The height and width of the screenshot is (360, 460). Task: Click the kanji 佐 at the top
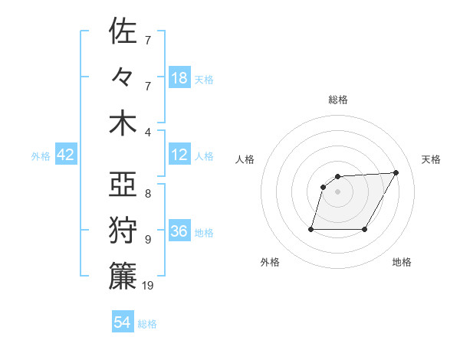coord(123,32)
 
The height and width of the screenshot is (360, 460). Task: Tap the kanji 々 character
coord(123,78)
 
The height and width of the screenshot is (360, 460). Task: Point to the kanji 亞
coord(123,186)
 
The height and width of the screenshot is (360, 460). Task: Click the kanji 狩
coord(123,231)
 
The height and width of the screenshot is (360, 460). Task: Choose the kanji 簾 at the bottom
coord(123,277)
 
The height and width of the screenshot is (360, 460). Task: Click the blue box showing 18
coord(179,78)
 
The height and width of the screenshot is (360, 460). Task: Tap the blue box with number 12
coord(179,155)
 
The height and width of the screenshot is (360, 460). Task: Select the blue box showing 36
coord(179,231)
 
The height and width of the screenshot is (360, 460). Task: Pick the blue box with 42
coord(65,155)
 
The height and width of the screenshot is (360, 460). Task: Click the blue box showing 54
coord(123,322)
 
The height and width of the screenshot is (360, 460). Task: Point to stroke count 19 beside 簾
coord(149,286)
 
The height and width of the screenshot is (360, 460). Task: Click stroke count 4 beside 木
coord(149,132)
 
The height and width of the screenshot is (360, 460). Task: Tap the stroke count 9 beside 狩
coord(149,240)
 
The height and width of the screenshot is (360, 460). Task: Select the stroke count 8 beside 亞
coord(149,195)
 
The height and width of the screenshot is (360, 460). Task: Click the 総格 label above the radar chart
coord(338,100)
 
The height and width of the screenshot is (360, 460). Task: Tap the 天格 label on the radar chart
coord(431,159)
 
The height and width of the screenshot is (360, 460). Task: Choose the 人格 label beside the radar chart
coord(245,159)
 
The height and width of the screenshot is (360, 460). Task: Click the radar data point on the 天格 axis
coord(396,172)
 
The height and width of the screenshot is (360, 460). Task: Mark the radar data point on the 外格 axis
coord(311,229)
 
